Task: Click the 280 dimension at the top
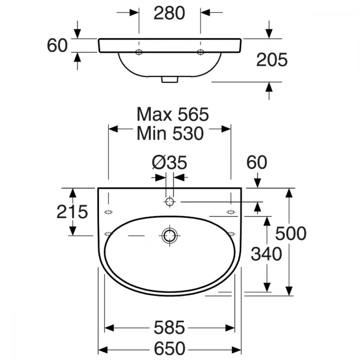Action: pyautogui.click(x=169, y=13)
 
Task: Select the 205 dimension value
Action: pyautogui.click(x=272, y=60)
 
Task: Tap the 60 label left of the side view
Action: pyautogui.click(x=57, y=45)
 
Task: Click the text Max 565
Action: pyautogui.click(x=173, y=114)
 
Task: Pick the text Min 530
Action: pyautogui.click(x=170, y=134)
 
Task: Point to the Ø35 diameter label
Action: pyautogui.click(x=170, y=163)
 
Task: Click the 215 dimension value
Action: pyautogui.click(x=72, y=212)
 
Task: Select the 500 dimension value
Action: pyautogui.click(x=291, y=234)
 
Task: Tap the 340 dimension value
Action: pyautogui.click(x=266, y=254)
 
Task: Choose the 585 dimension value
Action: pyautogui.click(x=169, y=327)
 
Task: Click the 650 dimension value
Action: pyautogui.click(x=170, y=348)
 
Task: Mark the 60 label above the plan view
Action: pyautogui.click(x=257, y=162)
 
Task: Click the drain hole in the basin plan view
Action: pyautogui.click(x=170, y=235)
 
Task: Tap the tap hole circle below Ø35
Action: pyautogui.click(x=170, y=202)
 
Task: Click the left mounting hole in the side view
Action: pyautogui.click(x=139, y=52)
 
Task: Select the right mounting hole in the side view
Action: pyautogui.click(x=201, y=52)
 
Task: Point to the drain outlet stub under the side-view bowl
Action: pyautogui.click(x=170, y=80)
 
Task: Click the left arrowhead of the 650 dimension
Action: pyautogui.click(x=103, y=350)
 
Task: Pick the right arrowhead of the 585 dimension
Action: pyautogui.click(x=230, y=328)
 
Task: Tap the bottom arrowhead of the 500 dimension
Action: pyautogui.click(x=289, y=291)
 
